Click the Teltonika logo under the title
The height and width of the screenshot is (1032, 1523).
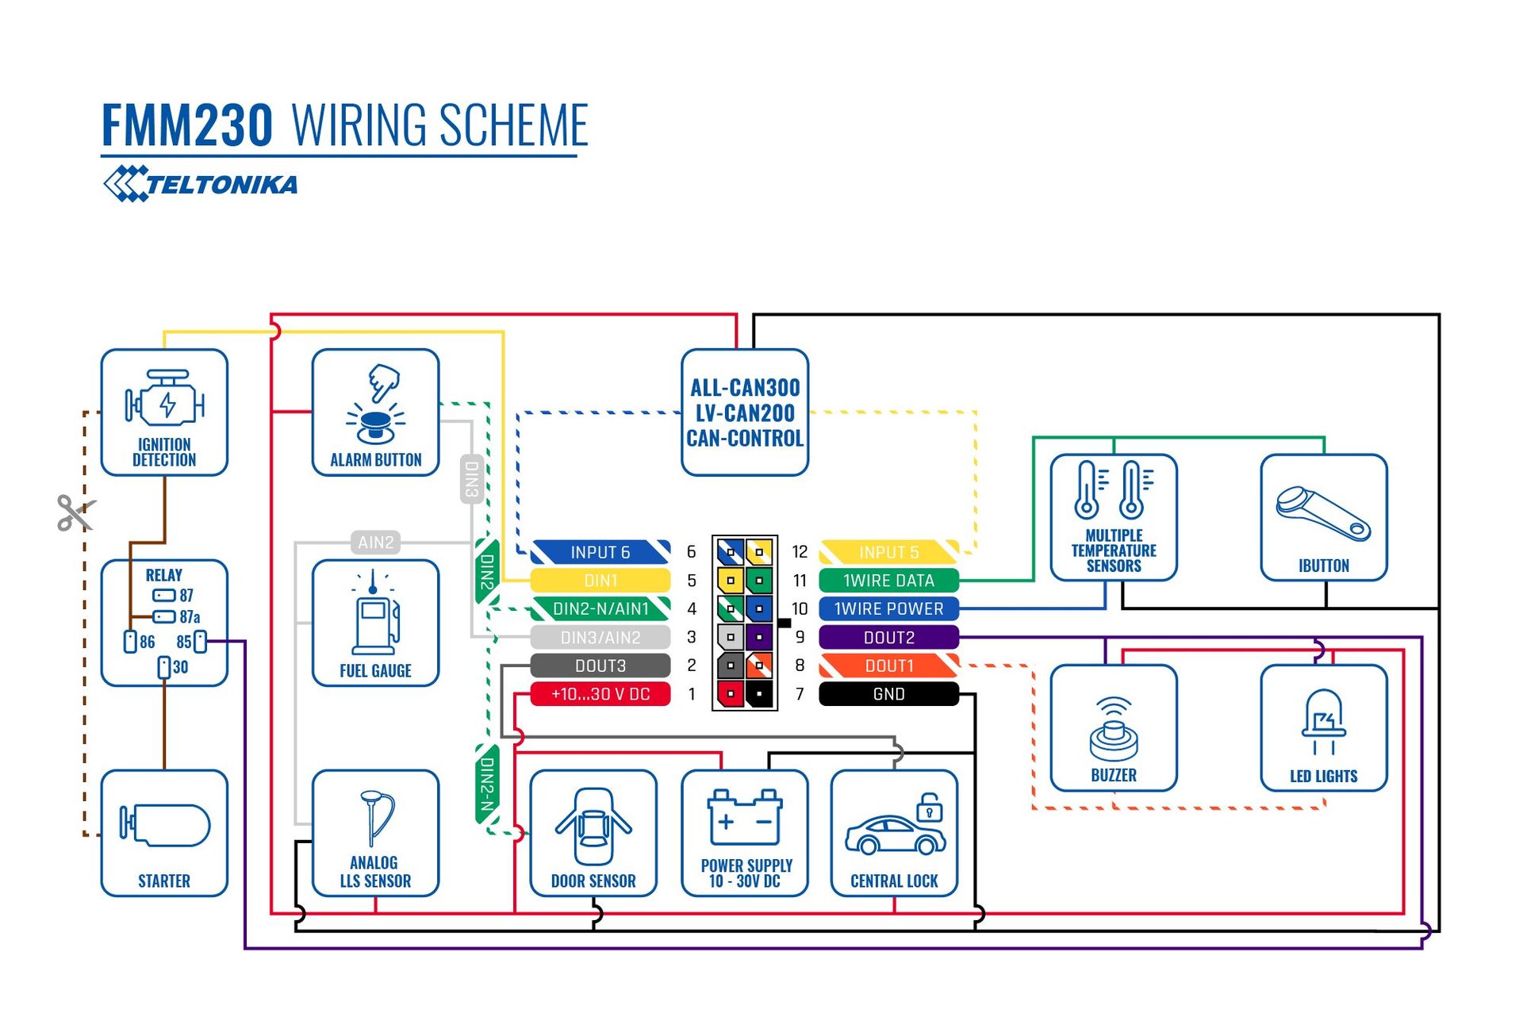(x=201, y=184)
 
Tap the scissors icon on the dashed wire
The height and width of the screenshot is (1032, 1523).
(x=75, y=512)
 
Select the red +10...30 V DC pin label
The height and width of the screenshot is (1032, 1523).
(x=600, y=694)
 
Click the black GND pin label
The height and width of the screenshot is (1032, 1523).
(x=888, y=694)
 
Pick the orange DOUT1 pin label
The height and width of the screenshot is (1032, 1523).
(x=888, y=666)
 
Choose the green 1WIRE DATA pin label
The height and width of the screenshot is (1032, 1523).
(x=888, y=581)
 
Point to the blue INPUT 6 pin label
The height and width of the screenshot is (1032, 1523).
(x=600, y=552)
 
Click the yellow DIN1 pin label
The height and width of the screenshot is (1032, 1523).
(x=600, y=581)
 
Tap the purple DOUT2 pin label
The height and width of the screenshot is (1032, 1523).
(x=888, y=637)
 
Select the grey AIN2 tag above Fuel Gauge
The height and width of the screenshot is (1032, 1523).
(x=375, y=543)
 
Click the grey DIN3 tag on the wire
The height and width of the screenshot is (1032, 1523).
(x=472, y=479)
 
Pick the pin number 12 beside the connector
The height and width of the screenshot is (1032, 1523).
(x=800, y=551)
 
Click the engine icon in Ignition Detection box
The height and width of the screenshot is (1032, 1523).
(x=165, y=401)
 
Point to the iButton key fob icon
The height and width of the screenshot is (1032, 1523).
(x=1323, y=513)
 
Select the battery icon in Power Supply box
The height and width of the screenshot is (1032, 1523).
(x=746, y=817)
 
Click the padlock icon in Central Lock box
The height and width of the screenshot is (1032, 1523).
(x=929, y=808)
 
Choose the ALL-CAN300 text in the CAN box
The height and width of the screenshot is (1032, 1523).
(x=745, y=388)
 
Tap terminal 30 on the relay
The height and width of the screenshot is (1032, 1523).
(x=164, y=667)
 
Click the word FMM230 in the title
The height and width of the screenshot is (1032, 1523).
(x=187, y=125)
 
